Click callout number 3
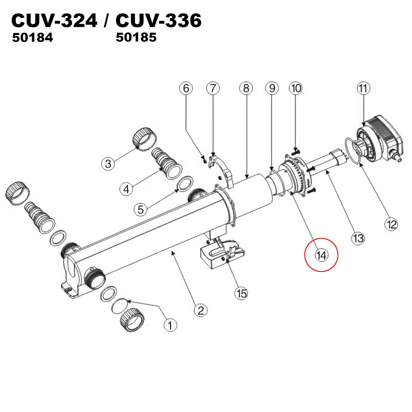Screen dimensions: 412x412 coord(108,163)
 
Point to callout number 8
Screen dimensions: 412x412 coord(246,88)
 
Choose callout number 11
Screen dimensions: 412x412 coord(363,88)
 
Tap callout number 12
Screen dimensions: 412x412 coord(391,225)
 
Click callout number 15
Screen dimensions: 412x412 coord(241,293)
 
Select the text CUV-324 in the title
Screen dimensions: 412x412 coord(54,21)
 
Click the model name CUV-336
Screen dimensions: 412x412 coord(159,21)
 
